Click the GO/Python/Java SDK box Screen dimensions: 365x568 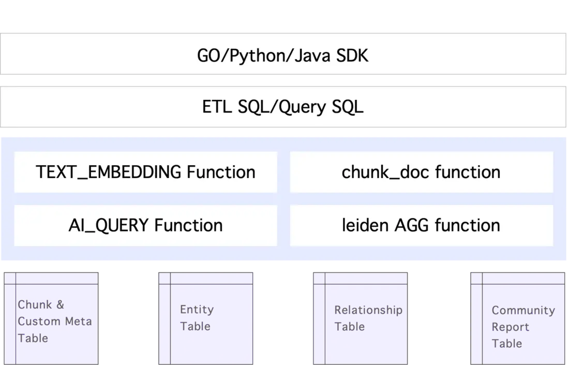283,55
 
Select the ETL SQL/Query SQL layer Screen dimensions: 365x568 283,107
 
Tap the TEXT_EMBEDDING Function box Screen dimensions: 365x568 145,172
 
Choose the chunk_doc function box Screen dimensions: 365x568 421,172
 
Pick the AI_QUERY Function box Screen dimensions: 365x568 145,225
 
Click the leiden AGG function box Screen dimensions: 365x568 421,225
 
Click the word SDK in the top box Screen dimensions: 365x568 352,55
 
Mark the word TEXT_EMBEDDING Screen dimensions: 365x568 109,172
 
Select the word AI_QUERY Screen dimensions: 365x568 109,225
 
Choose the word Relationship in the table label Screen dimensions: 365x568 368,310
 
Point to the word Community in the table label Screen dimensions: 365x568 523,311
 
